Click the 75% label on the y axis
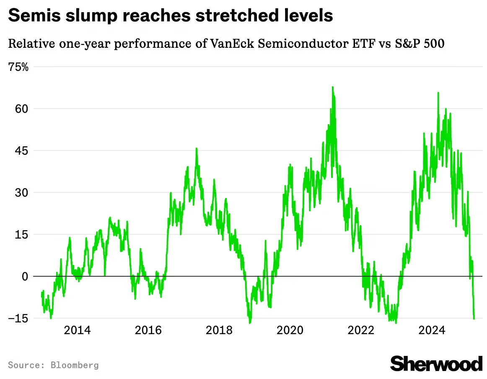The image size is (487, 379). [18, 67]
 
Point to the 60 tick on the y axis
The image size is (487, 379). [21, 109]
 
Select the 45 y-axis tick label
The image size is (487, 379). [21, 151]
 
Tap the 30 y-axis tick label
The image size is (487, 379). [21, 192]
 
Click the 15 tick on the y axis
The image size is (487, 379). [21, 234]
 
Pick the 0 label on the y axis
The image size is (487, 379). [25, 276]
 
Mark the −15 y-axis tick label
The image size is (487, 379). [18, 319]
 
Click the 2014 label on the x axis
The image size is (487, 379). [78, 330]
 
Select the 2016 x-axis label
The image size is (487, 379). [148, 330]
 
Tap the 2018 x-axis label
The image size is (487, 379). [219, 330]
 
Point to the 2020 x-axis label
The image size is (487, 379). [290, 330]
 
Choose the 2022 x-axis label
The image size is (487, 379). [361, 330]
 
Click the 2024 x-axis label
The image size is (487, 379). [432, 330]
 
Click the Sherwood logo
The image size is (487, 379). [436, 363]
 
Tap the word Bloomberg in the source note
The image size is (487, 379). [75, 365]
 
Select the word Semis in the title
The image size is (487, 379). [35, 15]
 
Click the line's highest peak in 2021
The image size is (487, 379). [333, 87]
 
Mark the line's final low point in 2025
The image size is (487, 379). [474, 319]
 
